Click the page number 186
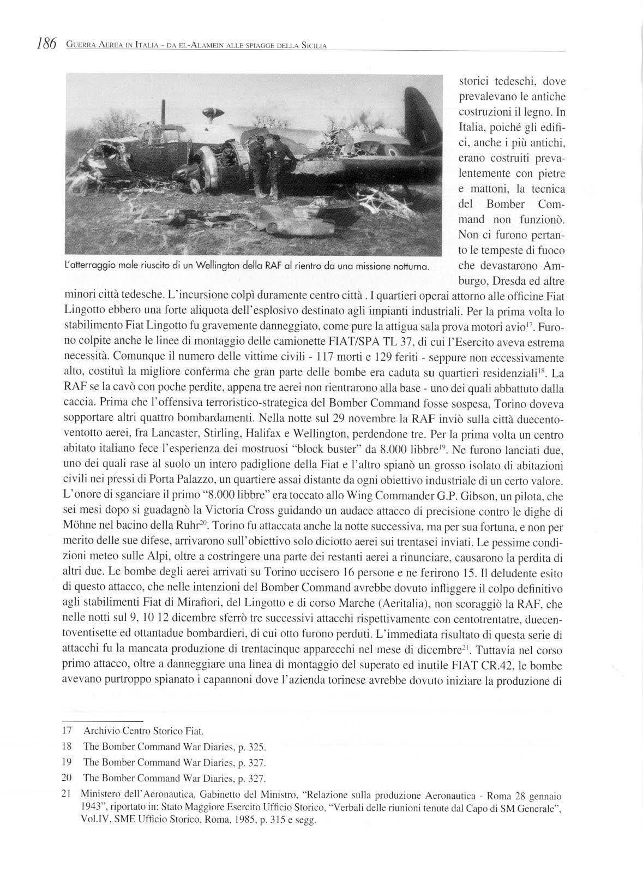pyautogui.click(x=46, y=44)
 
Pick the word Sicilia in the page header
pyautogui.click(x=313, y=45)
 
